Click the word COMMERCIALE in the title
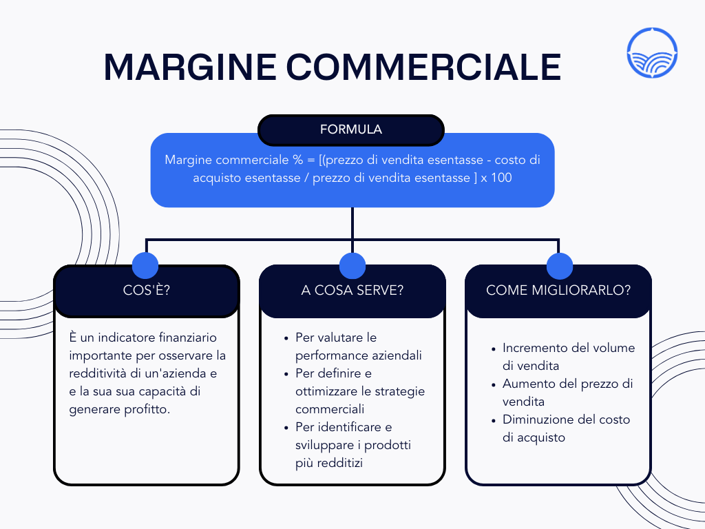423,67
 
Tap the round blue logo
653,52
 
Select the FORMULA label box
351,129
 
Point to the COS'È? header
147,291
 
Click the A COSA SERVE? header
352,291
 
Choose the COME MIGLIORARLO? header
558,291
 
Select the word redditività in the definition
101,373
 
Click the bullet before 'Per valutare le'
286,338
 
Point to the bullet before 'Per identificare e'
286,428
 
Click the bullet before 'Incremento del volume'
494,349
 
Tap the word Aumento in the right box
526,384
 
